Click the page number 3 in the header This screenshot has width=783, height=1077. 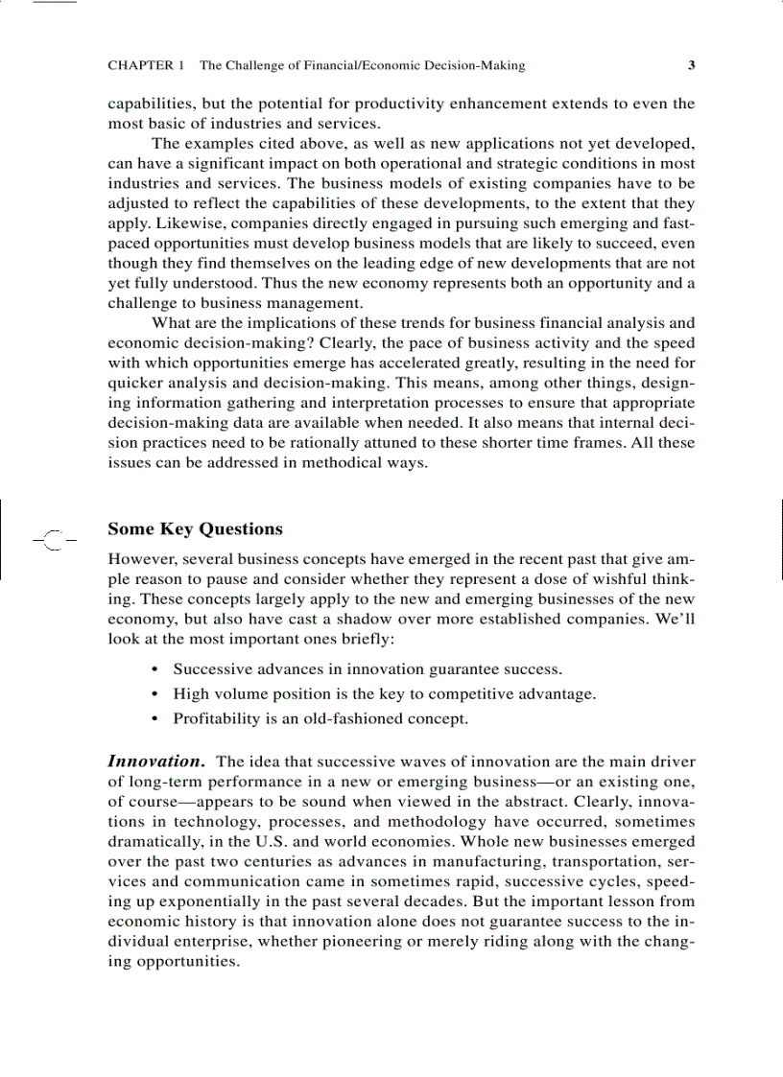click(691, 66)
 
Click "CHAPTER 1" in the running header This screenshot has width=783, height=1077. click(146, 66)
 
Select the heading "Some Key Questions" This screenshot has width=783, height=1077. click(195, 529)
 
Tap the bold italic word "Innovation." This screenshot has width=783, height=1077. click(155, 761)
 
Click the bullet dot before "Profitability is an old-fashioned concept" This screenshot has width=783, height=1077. click(154, 718)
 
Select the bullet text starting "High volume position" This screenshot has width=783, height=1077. click(384, 693)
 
